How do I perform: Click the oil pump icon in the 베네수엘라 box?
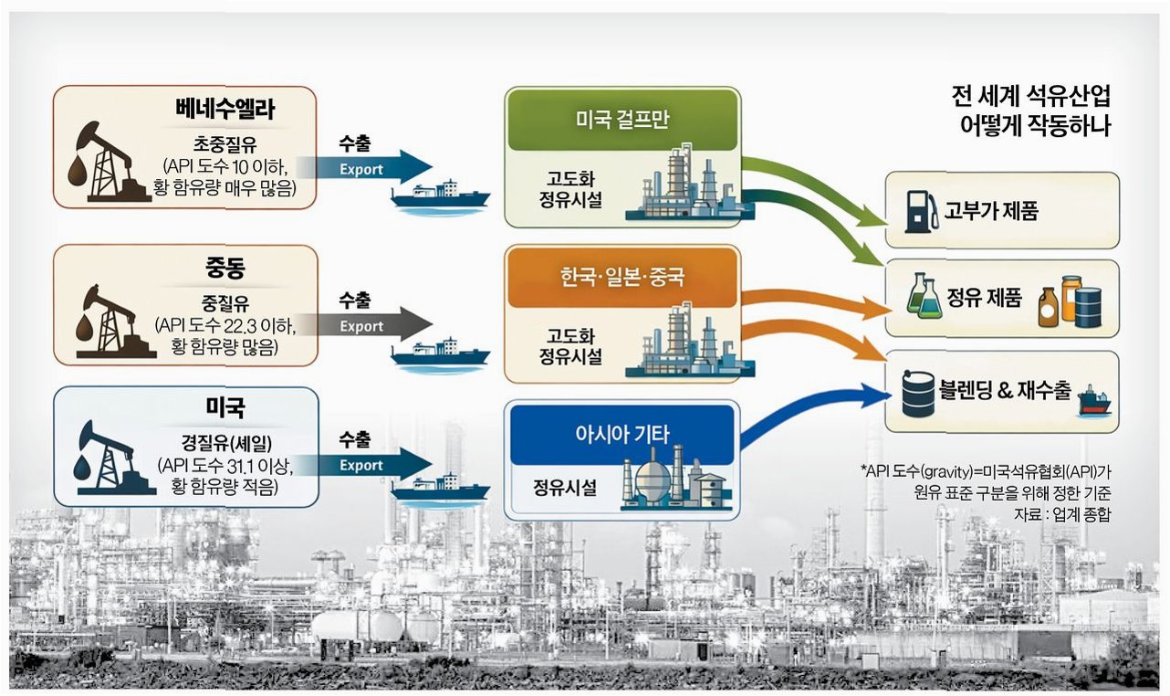point(105,163)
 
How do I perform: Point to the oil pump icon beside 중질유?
point(105,320)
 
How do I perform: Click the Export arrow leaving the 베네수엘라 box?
point(365,167)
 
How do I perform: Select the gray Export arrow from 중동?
point(365,325)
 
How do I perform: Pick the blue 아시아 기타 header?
point(622,433)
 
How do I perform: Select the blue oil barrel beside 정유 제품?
point(1088,307)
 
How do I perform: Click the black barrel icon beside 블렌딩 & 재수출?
point(917,393)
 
